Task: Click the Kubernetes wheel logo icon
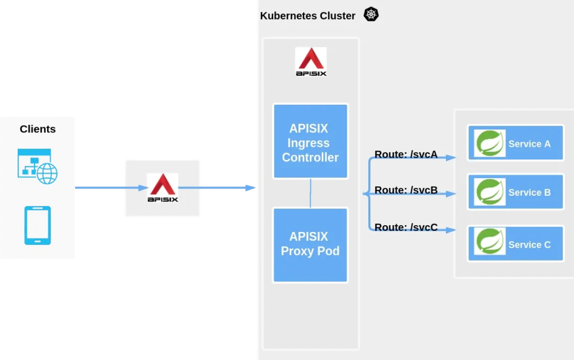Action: click(x=371, y=15)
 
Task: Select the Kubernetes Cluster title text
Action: click(x=307, y=16)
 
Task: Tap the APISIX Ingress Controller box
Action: click(x=310, y=142)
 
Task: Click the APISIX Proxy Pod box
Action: click(x=310, y=244)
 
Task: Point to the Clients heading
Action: click(x=38, y=129)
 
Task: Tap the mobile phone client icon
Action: click(x=38, y=225)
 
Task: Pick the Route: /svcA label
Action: click(x=406, y=154)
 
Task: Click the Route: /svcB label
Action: click(x=406, y=190)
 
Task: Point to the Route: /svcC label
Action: click(x=406, y=228)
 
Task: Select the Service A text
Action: click(x=529, y=144)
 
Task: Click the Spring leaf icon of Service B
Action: click(x=490, y=192)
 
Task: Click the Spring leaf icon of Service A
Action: click(x=490, y=143)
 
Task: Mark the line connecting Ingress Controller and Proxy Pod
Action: click(x=310, y=193)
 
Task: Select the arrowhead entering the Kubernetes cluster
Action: click(x=251, y=188)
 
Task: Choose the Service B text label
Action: click(x=529, y=193)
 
